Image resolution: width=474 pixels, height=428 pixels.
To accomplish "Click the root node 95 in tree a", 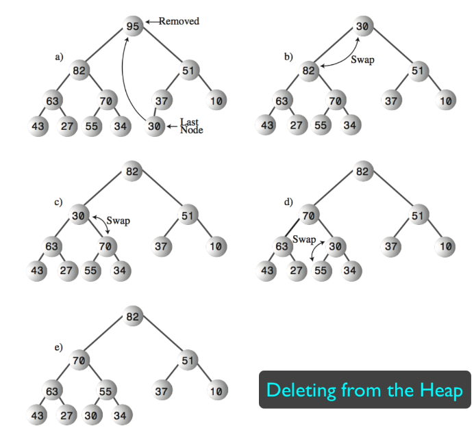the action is pyautogui.click(x=134, y=26).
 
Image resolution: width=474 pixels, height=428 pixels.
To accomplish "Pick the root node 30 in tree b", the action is pyautogui.click(x=363, y=26).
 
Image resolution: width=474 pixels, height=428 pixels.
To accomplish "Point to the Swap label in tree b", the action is pyautogui.click(x=362, y=60).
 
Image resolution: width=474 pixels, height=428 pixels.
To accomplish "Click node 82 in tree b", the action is pyautogui.click(x=310, y=70).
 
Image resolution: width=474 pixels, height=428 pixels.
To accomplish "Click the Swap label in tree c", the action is pyautogui.click(x=118, y=222).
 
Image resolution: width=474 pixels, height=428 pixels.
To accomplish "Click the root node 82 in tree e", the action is pyautogui.click(x=134, y=317).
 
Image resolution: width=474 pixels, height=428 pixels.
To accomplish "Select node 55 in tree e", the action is pyautogui.click(x=106, y=392).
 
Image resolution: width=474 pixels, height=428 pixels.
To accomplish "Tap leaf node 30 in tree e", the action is pyautogui.click(x=90, y=416).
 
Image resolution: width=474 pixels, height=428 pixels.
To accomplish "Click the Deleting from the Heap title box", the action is pyautogui.click(x=364, y=390).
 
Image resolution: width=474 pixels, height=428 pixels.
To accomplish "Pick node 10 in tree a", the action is pyautogui.click(x=216, y=101).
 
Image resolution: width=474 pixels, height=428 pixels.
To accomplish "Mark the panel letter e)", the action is pyautogui.click(x=59, y=347).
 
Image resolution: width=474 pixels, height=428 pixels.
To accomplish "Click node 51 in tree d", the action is pyautogui.click(x=418, y=215).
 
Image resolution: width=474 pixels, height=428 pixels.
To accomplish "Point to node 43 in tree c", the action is pyautogui.click(x=38, y=270).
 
